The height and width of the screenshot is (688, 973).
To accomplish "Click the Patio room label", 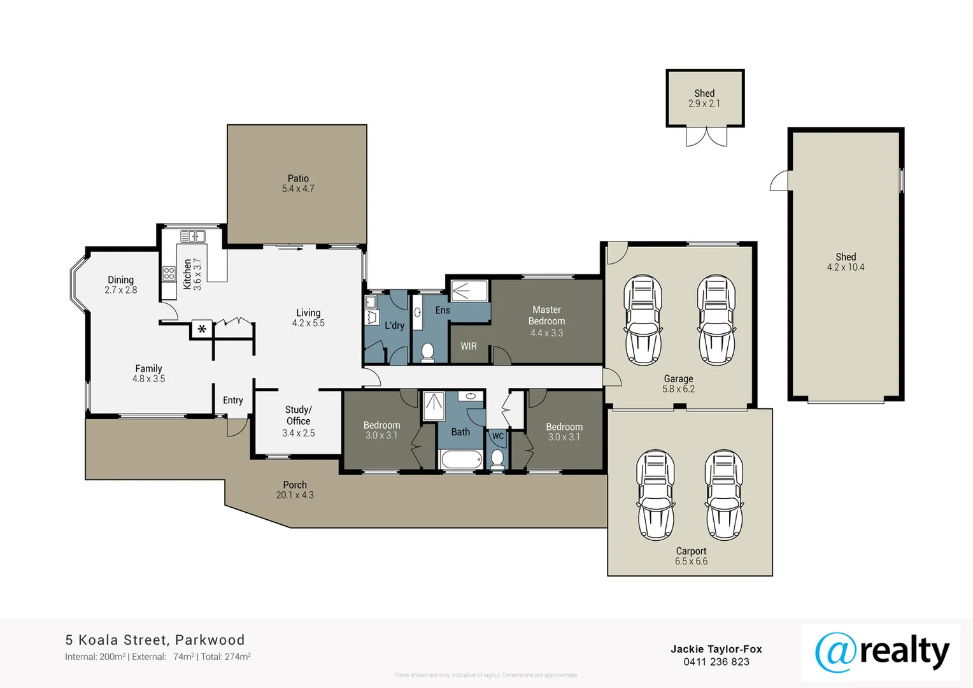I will [x=298, y=178].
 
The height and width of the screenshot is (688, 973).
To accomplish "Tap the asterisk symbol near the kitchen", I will [x=202, y=329].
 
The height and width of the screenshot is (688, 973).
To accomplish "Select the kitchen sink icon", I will [x=192, y=236].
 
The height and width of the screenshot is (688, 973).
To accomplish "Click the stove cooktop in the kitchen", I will [x=169, y=274].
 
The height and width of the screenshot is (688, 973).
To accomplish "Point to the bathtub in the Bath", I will [x=461, y=460].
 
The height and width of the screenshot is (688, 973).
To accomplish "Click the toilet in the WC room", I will [x=497, y=459].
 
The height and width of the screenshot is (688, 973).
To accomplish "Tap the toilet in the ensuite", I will [x=428, y=352].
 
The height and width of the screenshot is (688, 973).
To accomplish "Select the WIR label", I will [x=469, y=346].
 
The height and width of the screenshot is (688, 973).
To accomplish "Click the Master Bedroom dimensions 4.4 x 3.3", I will [x=546, y=333].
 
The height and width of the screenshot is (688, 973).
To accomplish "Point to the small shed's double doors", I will [x=706, y=136].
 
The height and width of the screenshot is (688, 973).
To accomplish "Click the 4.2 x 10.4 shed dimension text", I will [x=846, y=268].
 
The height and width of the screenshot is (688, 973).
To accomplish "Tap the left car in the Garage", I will [x=643, y=320].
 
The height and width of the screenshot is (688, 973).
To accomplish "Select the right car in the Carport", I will [x=724, y=495].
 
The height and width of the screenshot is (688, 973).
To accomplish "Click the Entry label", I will [x=233, y=400].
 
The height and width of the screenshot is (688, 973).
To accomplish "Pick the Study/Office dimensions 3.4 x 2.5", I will [x=298, y=433].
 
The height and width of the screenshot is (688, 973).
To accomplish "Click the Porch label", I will [x=295, y=485].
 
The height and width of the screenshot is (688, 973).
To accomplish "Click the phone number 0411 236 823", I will [x=716, y=662].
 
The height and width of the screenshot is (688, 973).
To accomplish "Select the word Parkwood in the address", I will [x=210, y=640].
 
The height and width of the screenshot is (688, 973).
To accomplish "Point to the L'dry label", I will [x=394, y=326].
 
